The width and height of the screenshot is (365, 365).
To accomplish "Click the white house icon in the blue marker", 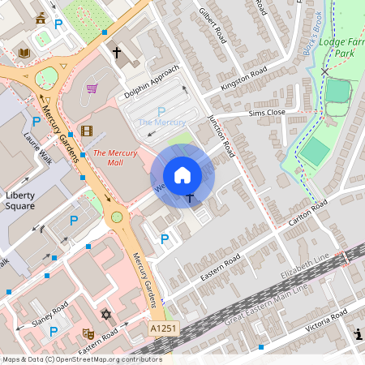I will tap(182, 175).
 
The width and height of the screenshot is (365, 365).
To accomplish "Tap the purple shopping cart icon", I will tap(92, 88).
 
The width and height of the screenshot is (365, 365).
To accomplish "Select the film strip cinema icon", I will tap(87, 131).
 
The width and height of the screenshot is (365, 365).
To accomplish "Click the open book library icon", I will tap(24, 52).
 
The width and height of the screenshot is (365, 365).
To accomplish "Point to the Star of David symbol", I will tap(105, 314).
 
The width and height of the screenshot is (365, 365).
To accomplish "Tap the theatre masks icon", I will tap(88, 333).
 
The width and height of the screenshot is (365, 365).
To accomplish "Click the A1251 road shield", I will tap(162, 328).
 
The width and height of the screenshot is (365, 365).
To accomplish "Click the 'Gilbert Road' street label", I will tap(213, 25).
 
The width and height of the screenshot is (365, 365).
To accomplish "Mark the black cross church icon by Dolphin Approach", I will tap(116, 54).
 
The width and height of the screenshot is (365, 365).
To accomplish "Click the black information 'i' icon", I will tap(359, 333).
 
